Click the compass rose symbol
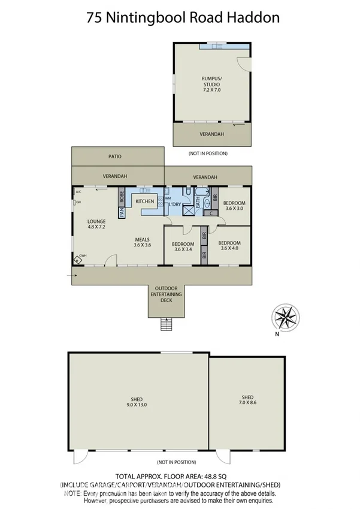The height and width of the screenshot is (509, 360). [x=286, y=315]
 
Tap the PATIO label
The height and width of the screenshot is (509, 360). [x=115, y=156]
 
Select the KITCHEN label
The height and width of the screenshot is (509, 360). [x=145, y=201]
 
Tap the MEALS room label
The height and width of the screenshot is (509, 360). [x=142, y=239]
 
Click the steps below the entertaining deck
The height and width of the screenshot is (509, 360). [x=165, y=324]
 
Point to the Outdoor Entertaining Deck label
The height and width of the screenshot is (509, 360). [x=166, y=294]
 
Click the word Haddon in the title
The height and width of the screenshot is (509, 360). [x=253, y=17]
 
